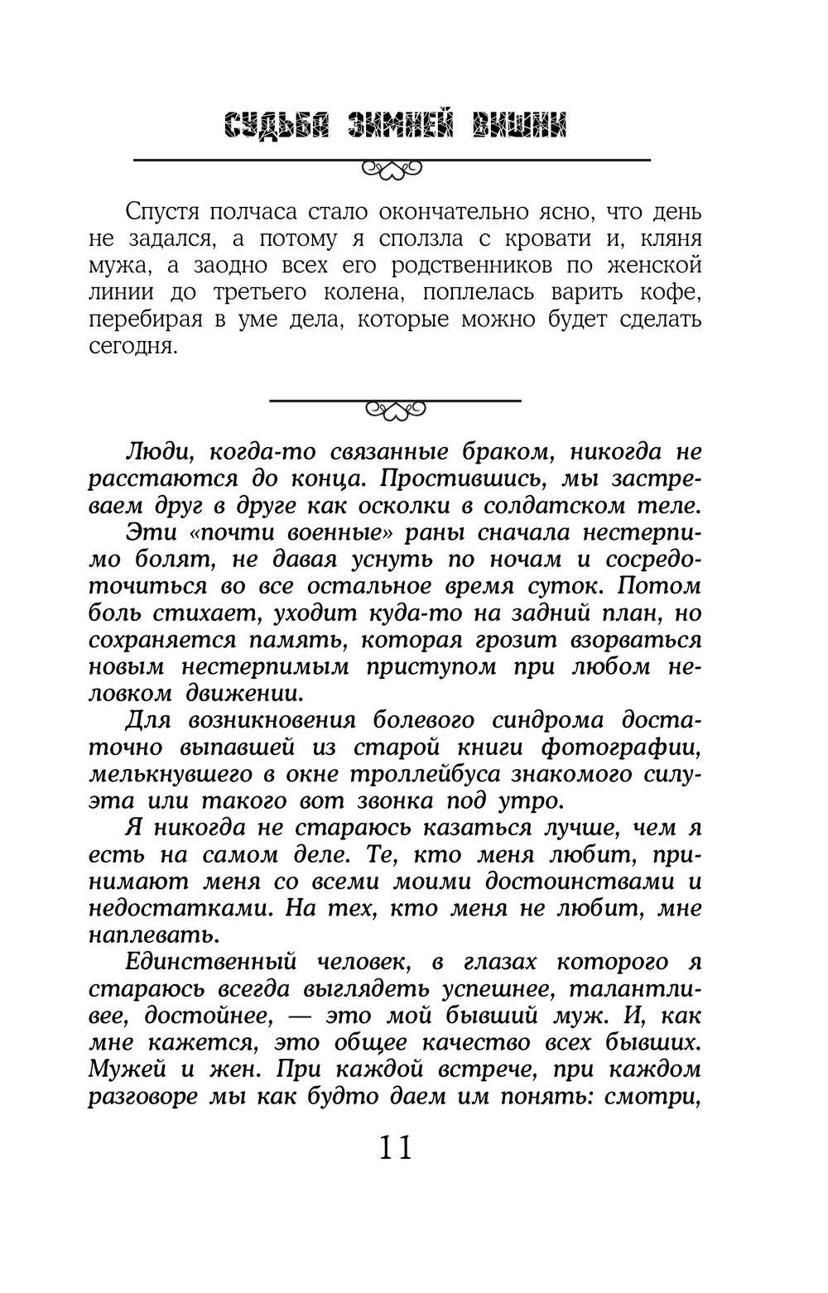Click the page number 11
396,1148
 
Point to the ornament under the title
392,170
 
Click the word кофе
672,293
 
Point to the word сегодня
133,346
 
